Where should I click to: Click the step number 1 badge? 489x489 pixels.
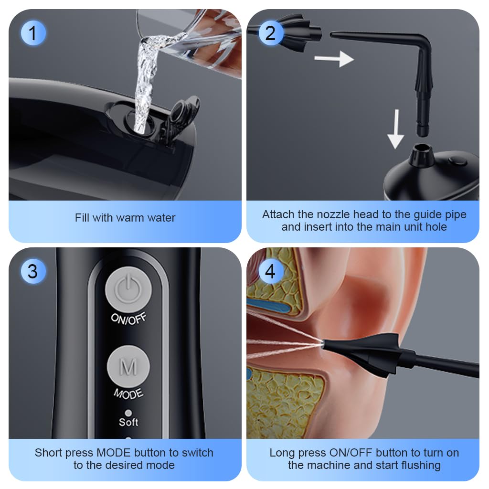(x=32, y=33)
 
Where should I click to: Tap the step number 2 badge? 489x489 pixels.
(x=270, y=33)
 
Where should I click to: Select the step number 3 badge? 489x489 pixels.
(x=32, y=271)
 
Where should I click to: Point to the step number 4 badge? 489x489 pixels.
(x=270, y=271)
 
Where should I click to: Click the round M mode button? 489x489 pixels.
(x=128, y=367)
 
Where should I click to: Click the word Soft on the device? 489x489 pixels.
(x=128, y=422)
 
